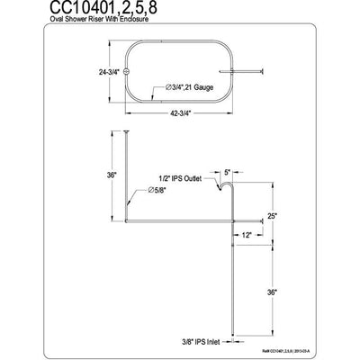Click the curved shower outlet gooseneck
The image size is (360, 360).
pos(228,186)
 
